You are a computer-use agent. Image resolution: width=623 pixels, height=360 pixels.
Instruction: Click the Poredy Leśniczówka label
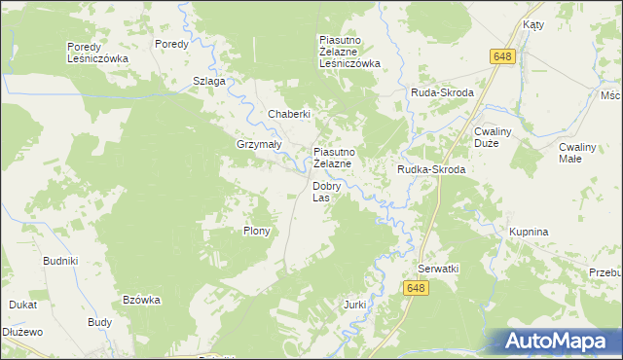tap(97, 53)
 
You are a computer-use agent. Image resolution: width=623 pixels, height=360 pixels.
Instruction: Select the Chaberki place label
tap(289, 114)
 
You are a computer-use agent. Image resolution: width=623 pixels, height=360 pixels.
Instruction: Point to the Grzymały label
tap(259, 144)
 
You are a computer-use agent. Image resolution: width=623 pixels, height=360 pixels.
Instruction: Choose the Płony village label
tap(256, 232)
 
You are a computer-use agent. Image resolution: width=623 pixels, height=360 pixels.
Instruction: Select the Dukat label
tap(23, 305)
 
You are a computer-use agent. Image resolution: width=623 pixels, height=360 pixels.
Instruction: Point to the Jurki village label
tap(354, 305)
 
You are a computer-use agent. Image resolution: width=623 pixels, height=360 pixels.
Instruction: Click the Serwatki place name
tap(438, 268)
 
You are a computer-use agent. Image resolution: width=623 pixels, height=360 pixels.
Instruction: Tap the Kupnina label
tap(530, 233)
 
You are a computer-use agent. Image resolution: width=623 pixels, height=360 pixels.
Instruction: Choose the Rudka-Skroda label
tap(430, 169)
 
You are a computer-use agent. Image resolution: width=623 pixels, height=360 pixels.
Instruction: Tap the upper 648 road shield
tap(501, 58)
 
